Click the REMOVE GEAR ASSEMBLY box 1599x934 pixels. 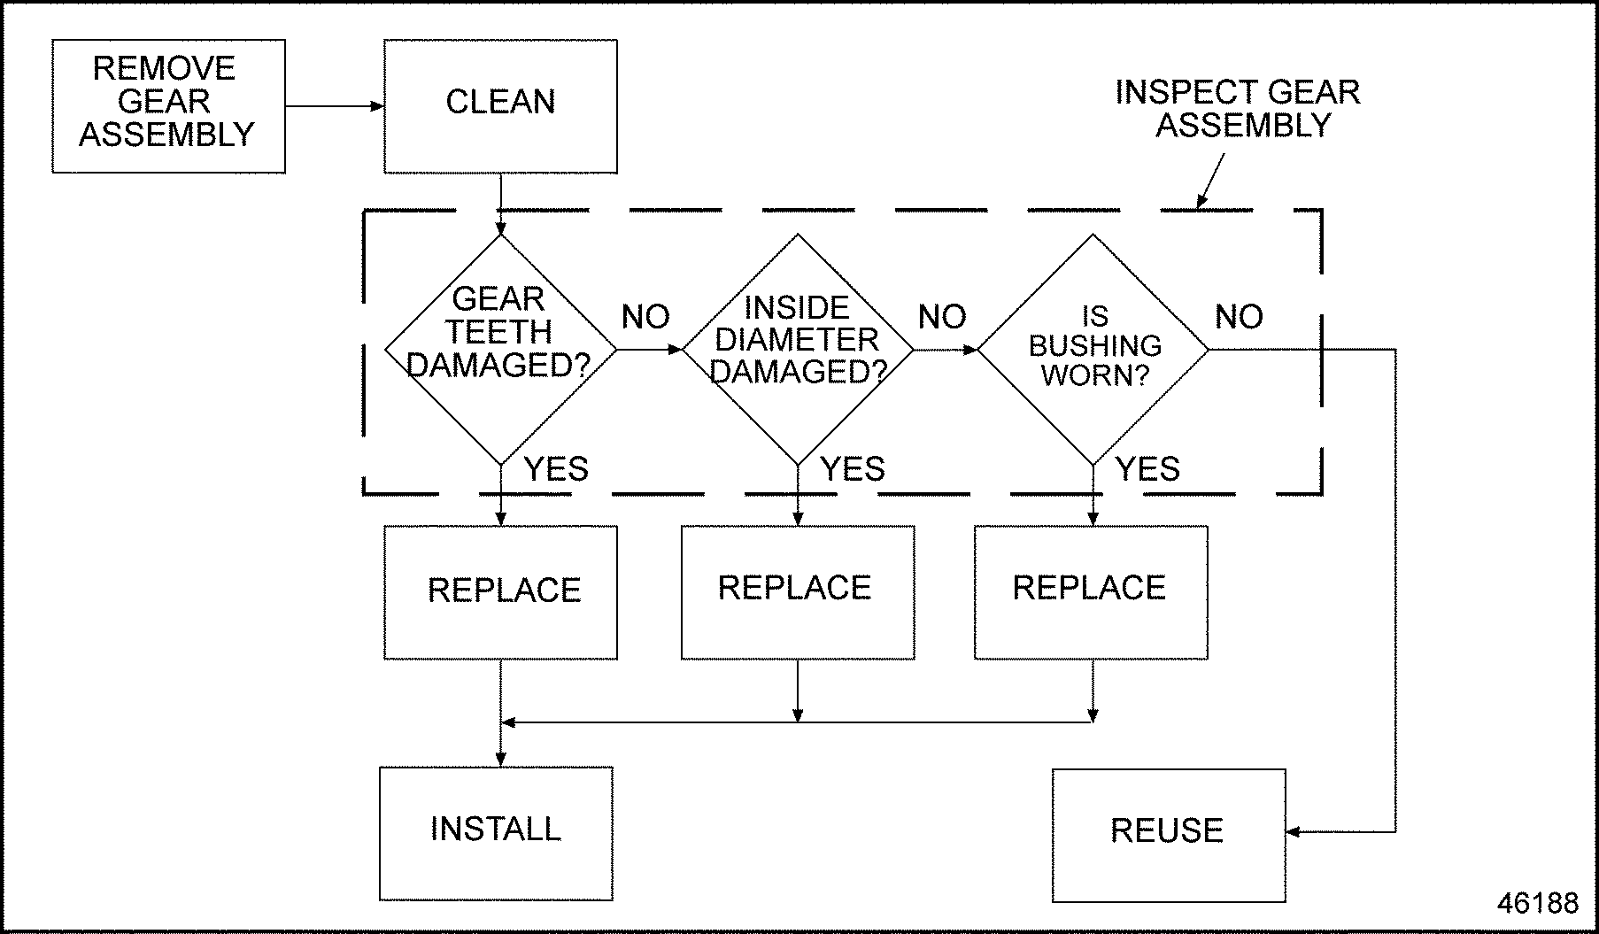pos(168,105)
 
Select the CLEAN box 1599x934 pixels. pos(500,105)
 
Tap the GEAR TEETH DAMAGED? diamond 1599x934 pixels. pos(500,349)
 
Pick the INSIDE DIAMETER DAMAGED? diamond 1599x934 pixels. pos(797,349)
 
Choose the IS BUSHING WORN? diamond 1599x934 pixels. pos(1093,349)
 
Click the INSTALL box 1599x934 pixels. pos(496,833)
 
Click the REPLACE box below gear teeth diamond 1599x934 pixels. pos(500,592)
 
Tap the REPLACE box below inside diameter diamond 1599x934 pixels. pos(797,592)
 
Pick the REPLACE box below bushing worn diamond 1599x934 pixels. pos(1091,592)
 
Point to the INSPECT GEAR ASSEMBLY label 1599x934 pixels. pos(1238,108)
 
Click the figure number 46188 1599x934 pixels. pos(1537,903)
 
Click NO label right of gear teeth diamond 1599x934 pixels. pos(645,317)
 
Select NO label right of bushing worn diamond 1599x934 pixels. pos(1239,317)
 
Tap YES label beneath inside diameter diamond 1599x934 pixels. pos(852,469)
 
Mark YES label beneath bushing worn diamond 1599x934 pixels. pos(1147,469)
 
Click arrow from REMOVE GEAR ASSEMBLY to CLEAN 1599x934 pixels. pos(334,106)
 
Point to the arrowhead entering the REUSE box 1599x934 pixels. pos(1294,832)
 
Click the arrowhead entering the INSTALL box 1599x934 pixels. pos(500,760)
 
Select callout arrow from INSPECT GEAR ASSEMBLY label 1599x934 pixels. pos(1210,181)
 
